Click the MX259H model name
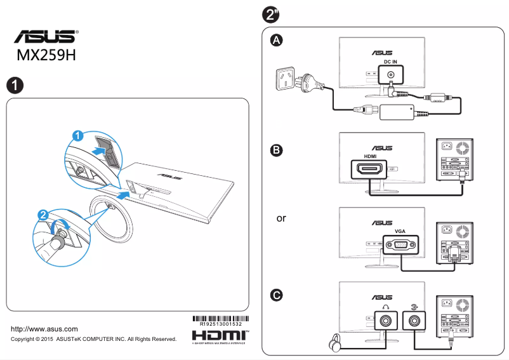tap(46, 55)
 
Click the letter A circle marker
tap(276, 41)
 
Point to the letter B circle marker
tap(276, 150)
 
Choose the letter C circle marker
tap(276, 295)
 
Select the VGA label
tap(400, 231)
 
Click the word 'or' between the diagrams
tap(281, 218)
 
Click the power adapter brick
tap(396, 112)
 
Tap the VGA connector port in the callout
tap(400, 245)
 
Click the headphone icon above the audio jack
tap(385, 305)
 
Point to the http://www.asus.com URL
tap(44, 329)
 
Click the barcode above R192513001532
tap(220, 317)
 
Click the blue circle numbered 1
tap(77, 135)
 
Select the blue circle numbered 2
tap(43, 215)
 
